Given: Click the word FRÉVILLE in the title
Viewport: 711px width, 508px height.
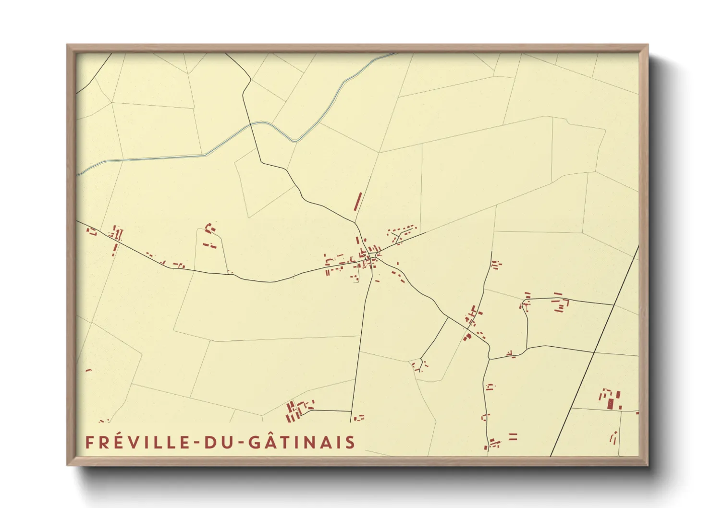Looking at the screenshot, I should (138, 442).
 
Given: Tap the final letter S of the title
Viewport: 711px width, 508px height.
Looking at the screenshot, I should (350, 443).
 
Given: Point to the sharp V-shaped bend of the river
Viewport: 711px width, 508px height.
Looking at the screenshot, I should (295, 141).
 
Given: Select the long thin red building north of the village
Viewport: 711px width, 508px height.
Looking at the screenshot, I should (358, 202).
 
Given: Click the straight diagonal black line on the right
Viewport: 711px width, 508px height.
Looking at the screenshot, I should (596, 351).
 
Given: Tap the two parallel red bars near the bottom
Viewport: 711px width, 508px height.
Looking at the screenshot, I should (513, 436).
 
